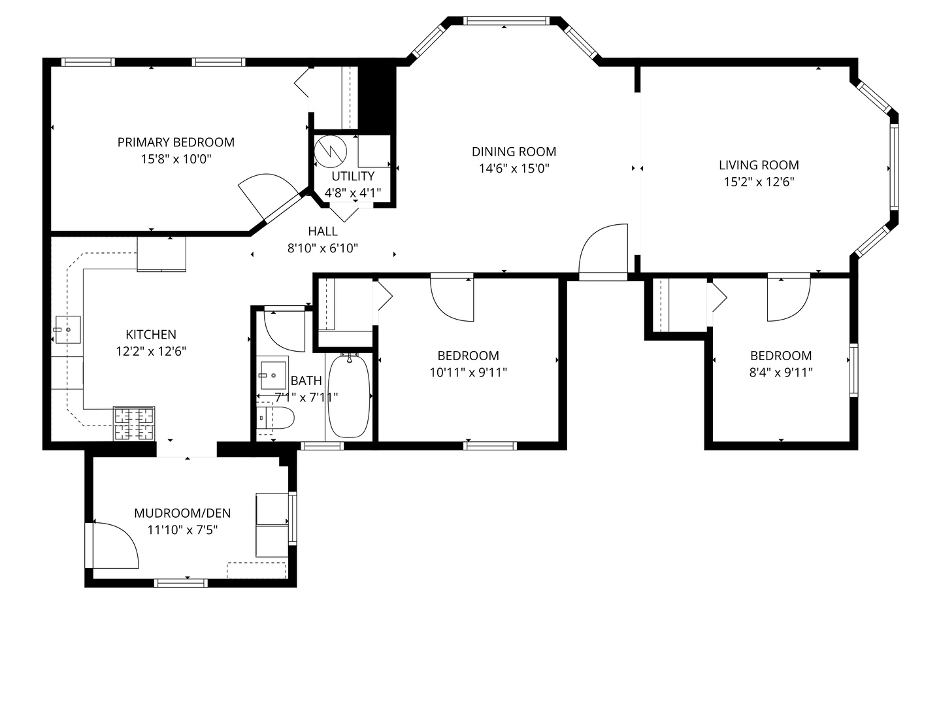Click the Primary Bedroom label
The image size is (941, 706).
point(176,142)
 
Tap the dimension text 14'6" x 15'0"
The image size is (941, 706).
point(514,169)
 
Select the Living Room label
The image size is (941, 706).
point(759,165)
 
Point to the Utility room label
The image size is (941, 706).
point(353,176)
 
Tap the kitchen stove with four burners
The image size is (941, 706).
point(135,423)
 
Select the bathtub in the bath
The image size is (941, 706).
point(349,396)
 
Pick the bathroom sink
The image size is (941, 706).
point(273,375)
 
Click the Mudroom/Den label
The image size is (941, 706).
point(182,513)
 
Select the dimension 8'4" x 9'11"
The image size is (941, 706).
point(781,373)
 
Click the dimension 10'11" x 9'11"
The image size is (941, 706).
point(468,373)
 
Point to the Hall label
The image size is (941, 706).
point(323,231)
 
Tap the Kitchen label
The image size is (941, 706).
point(151,335)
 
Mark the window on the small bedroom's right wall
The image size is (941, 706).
point(853,370)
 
